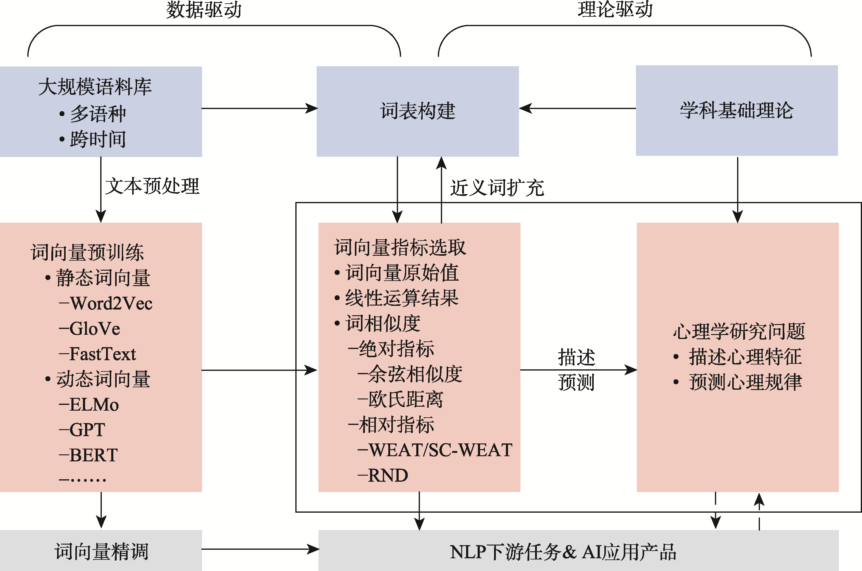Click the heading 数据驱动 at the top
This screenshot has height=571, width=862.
pyautogui.click(x=204, y=10)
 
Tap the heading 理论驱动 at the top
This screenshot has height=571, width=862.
pyautogui.click(x=615, y=9)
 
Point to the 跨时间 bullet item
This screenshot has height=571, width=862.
pyautogui.click(x=98, y=139)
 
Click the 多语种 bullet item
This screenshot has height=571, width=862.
pyautogui.click(x=98, y=114)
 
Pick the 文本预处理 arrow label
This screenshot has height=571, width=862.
pyautogui.click(x=152, y=186)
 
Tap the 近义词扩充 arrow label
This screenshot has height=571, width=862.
pyautogui.click(x=497, y=188)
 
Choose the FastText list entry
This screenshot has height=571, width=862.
pyautogui.click(x=102, y=354)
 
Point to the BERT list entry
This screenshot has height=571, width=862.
pyautogui.click(x=93, y=455)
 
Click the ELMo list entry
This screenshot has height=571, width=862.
pyautogui.click(x=94, y=405)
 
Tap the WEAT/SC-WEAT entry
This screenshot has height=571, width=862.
pyautogui.click(x=440, y=450)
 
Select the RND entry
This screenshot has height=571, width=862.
pyautogui.click(x=388, y=476)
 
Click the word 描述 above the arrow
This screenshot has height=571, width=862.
pyautogui.click(x=576, y=357)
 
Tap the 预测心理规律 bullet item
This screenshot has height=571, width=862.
pyautogui.click(x=745, y=382)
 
